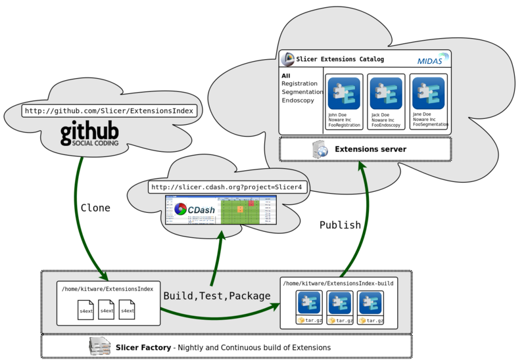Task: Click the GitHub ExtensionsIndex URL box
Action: tap(110, 110)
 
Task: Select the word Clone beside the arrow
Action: tap(95, 208)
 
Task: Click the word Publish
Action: tap(340, 225)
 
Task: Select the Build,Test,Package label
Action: tap(217, 296)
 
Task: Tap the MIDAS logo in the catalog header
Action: tap(433, 60)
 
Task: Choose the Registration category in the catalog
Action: tap(299, 84)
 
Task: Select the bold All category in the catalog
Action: tap(285, 76)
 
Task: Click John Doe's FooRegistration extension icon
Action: tap(344, 93)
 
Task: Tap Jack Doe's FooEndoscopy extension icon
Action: tap(386, 93)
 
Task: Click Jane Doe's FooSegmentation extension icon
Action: tap(428, 93)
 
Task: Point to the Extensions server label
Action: tap(370, 149)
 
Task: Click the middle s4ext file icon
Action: tap(107, 309)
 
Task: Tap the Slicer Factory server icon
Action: tap(99, 346)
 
